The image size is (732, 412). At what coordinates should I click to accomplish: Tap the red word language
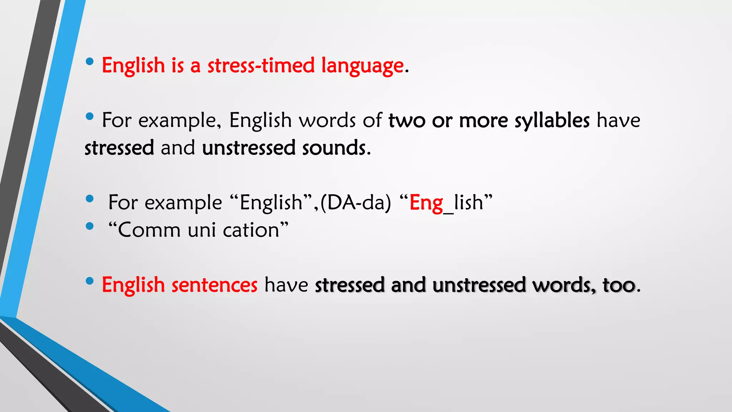[362, 66]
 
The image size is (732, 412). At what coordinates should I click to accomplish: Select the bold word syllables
[552, 121]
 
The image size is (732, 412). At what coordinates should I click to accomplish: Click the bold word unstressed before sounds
[248, 148]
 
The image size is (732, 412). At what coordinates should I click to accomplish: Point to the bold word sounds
[334, 148]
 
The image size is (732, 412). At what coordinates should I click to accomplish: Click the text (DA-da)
[356, 202]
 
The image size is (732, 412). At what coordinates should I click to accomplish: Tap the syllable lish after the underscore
[469, 202]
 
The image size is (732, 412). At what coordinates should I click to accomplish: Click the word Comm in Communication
[149, 230]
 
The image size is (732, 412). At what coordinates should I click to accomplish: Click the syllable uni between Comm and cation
[202, 230]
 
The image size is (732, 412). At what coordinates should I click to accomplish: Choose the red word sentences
[214, 285]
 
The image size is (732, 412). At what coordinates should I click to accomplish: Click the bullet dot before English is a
[90, 62]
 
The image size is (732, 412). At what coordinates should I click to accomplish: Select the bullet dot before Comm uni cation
[90, 226]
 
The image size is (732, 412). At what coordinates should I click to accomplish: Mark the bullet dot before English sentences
[90, 281]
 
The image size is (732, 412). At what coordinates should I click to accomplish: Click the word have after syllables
[618, 121]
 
